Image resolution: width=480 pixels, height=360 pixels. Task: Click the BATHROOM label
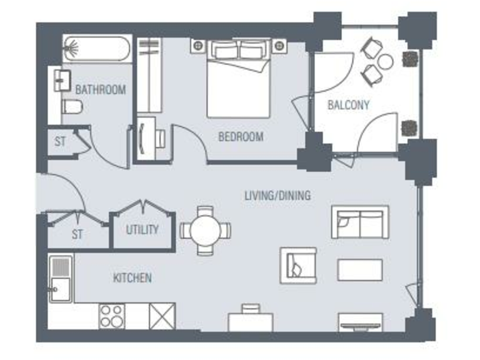coord(100,89)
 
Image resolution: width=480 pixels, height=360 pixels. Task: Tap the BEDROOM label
coord(240,137)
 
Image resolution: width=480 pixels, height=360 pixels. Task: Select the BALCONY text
coord(348,105)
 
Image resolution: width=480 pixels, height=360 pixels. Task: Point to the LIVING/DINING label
coord(277,196)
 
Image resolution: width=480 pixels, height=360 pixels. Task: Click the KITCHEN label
coord(132,277)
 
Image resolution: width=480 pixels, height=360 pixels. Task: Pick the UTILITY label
coord(142,229)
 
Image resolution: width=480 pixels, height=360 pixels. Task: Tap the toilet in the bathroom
coord(72,108)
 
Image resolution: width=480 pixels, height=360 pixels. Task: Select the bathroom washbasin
coord(61,81)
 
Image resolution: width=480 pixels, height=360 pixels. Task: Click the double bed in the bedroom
coord(238,78)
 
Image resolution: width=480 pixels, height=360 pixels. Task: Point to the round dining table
coord(205,230)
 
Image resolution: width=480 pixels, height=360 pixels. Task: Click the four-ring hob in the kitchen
coord(112,316)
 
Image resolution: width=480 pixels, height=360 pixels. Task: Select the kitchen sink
coord(61,278)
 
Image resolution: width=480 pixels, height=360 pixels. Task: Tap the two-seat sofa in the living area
coord(359,222)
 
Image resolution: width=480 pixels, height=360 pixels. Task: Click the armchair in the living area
coord(299,264)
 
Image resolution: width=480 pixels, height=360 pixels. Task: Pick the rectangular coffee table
coord(360,269)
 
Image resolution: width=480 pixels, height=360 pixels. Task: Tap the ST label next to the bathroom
coord(59,142)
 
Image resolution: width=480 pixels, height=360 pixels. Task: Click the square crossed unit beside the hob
coord(162,316)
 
